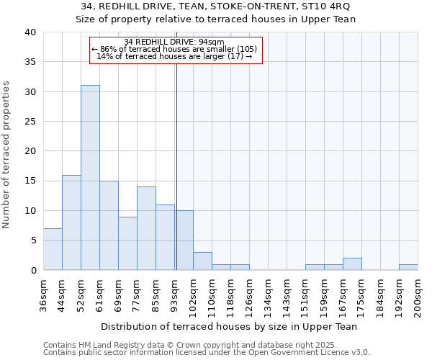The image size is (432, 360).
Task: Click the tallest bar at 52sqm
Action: click(90, 177)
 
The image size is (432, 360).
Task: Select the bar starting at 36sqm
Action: click(53, 249)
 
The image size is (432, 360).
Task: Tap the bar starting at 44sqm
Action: click(71, 222)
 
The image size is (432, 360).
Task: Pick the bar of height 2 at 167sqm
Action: click(352, 264)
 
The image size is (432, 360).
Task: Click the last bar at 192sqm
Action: click(408, 267)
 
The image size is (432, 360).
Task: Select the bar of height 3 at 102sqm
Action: click(202, 261)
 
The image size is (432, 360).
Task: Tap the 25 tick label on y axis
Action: click(30, 122)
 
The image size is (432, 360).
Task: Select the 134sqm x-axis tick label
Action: click(268, 296)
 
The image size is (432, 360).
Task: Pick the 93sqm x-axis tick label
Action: click(174, 296)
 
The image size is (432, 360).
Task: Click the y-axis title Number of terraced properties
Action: click(7, 155)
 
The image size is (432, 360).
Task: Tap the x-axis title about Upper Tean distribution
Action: click(229, 326)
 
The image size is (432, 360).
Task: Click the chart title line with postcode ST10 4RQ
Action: click(216, 6)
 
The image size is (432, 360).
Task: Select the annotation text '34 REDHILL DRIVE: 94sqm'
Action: click(174, 42)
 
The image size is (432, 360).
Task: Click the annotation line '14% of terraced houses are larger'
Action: click(174, 56)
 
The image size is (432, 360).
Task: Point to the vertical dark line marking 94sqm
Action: click(176, 166)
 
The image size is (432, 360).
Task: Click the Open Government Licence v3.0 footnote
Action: click(207, 353)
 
